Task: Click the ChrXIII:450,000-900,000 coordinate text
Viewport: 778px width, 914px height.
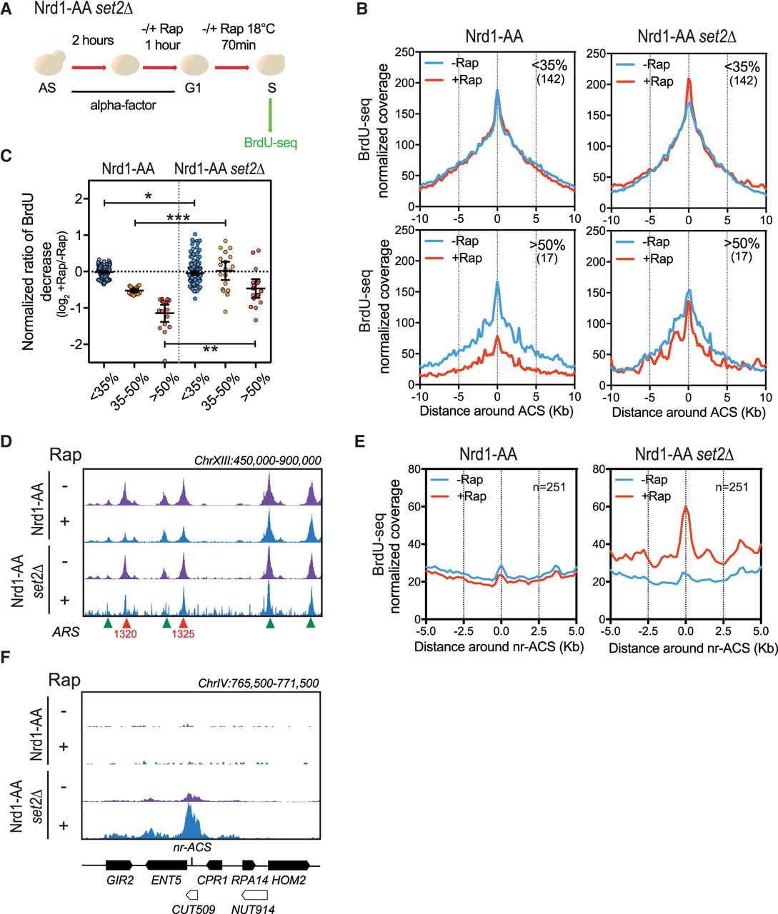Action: pyautogui.click(x=257, y=460)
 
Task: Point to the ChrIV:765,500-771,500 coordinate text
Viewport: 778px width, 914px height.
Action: pyautogui.click(x=258, y=683)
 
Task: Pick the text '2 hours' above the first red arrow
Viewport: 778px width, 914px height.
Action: pyautogui.click(x=92, y=40)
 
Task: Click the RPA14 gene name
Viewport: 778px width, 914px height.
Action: pyautogui.click(x=249, y=880)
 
